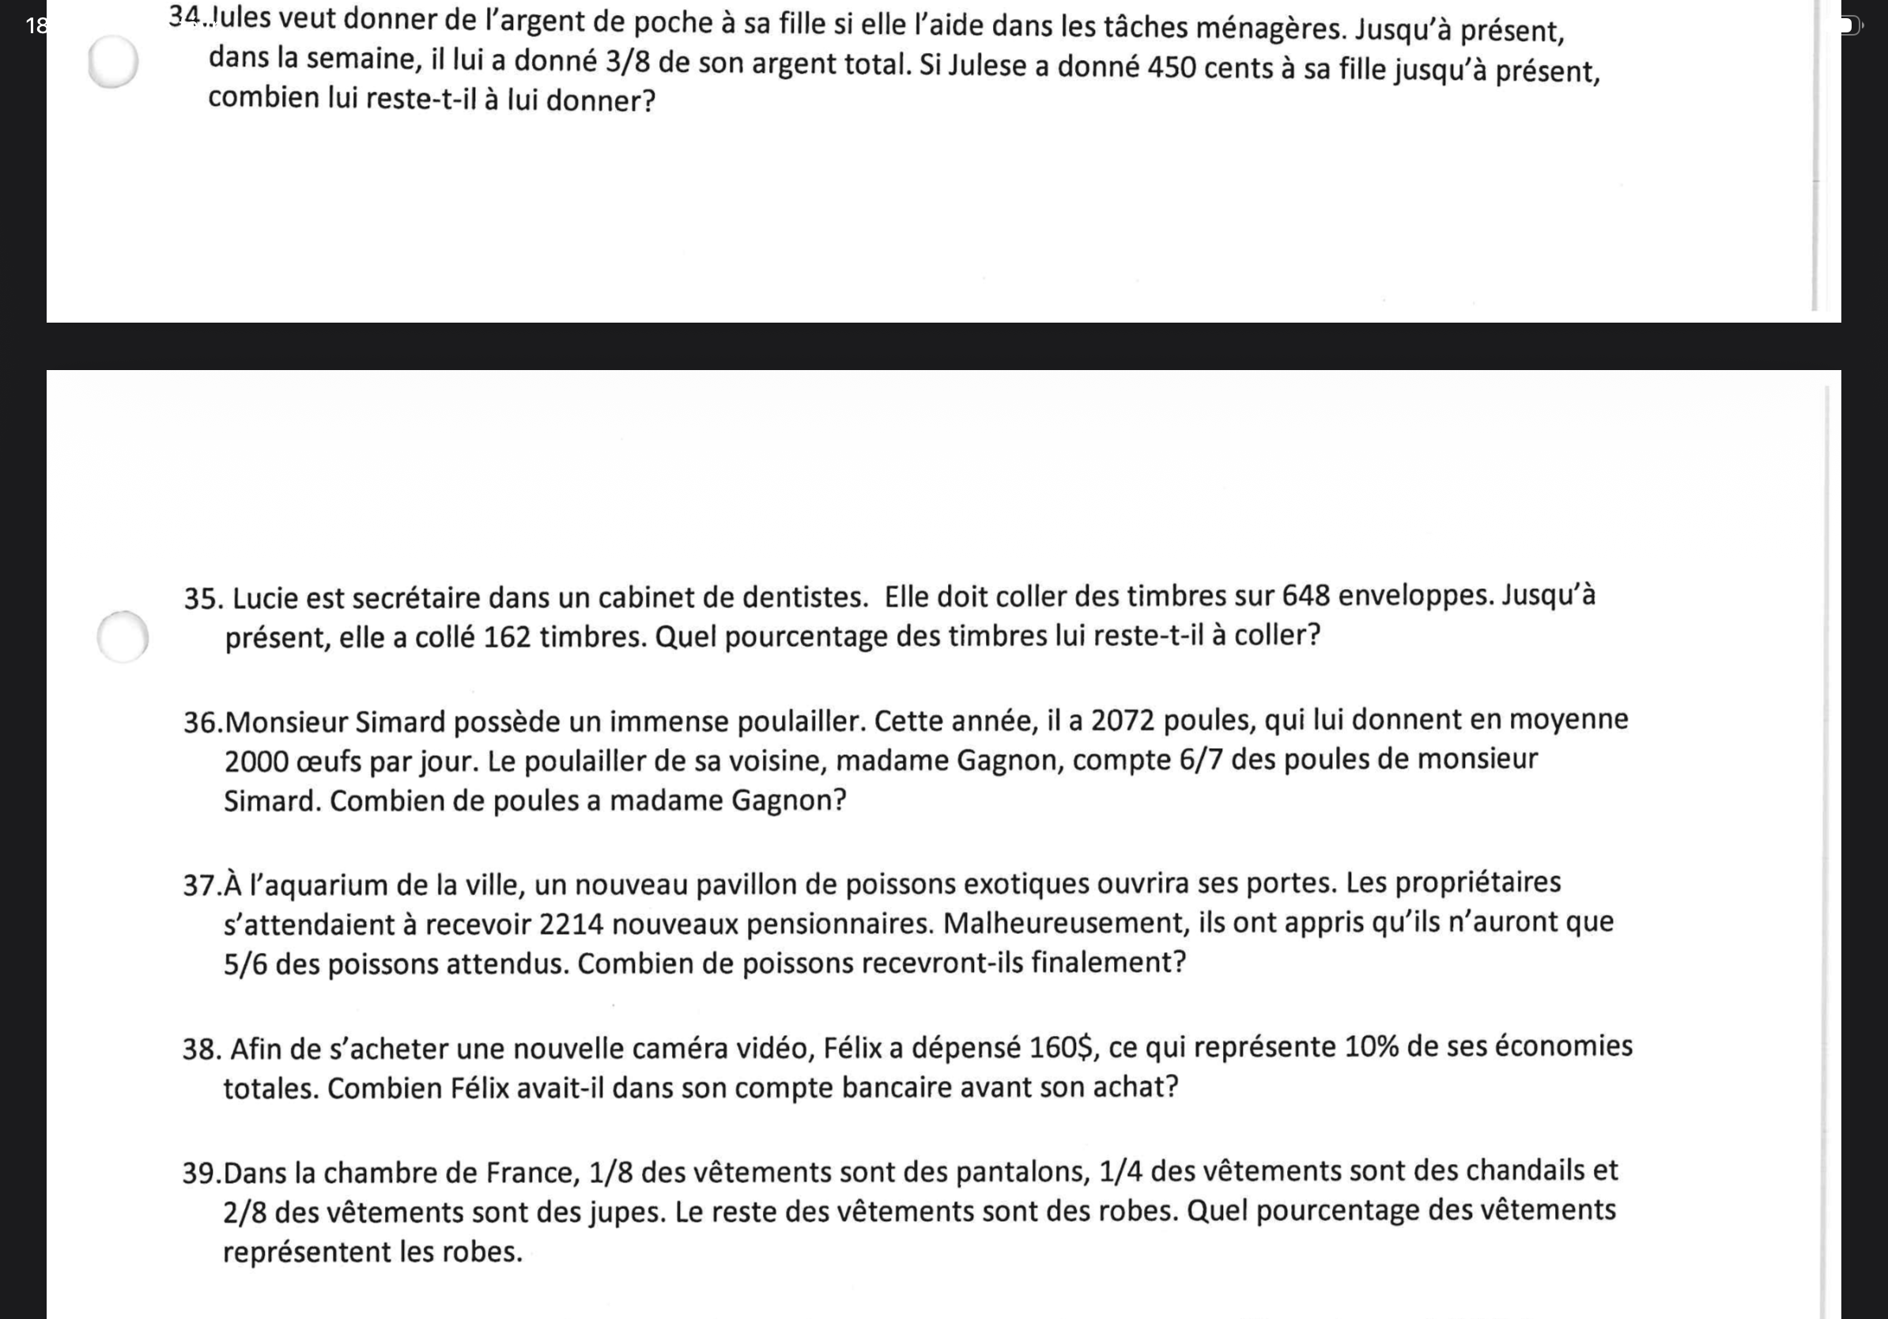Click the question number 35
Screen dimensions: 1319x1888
click(x=202, y=599)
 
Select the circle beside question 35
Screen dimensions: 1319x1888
click(x=123, y=637)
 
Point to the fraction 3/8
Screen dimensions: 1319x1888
click(x=628, y=63)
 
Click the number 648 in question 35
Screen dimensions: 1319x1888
click(x=1305, y=595)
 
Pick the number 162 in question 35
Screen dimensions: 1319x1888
click(x=507, y=637)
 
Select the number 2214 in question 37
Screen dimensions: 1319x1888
click(x=571, y=924)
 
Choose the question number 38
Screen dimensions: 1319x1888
click(x=201, y=1050)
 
